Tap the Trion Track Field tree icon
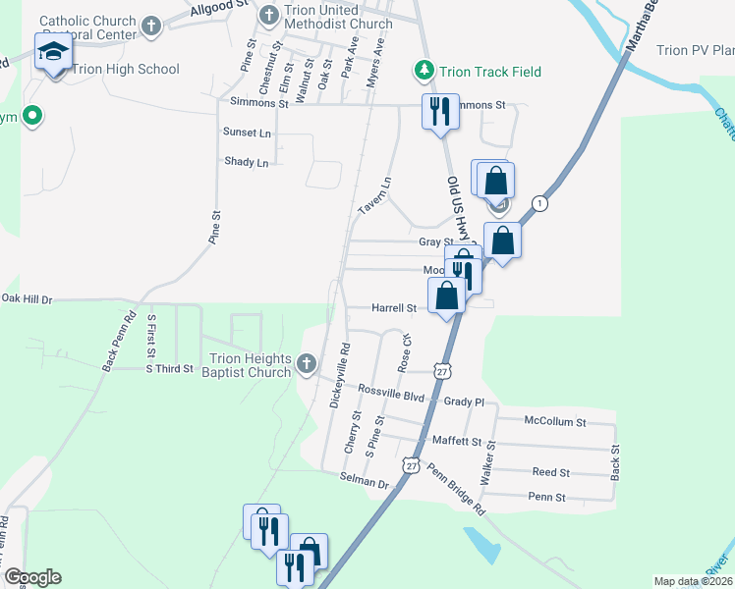(x=424, y=71)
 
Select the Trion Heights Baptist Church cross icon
(x=306, y=364)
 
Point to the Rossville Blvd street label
(x=390, y=397)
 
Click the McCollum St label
(x=554, y=422)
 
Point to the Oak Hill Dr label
(x=27, y=297)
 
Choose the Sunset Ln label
(x=247, y=132)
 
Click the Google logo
(x=32, y=577)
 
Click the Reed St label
(x=550, y=472)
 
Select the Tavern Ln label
(x=373, y=196)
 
